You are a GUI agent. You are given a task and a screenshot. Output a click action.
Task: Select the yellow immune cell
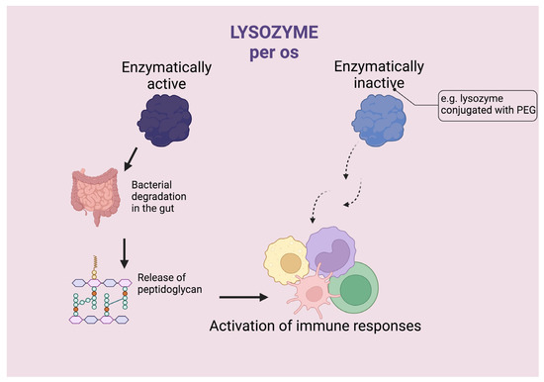click(289, 261)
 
